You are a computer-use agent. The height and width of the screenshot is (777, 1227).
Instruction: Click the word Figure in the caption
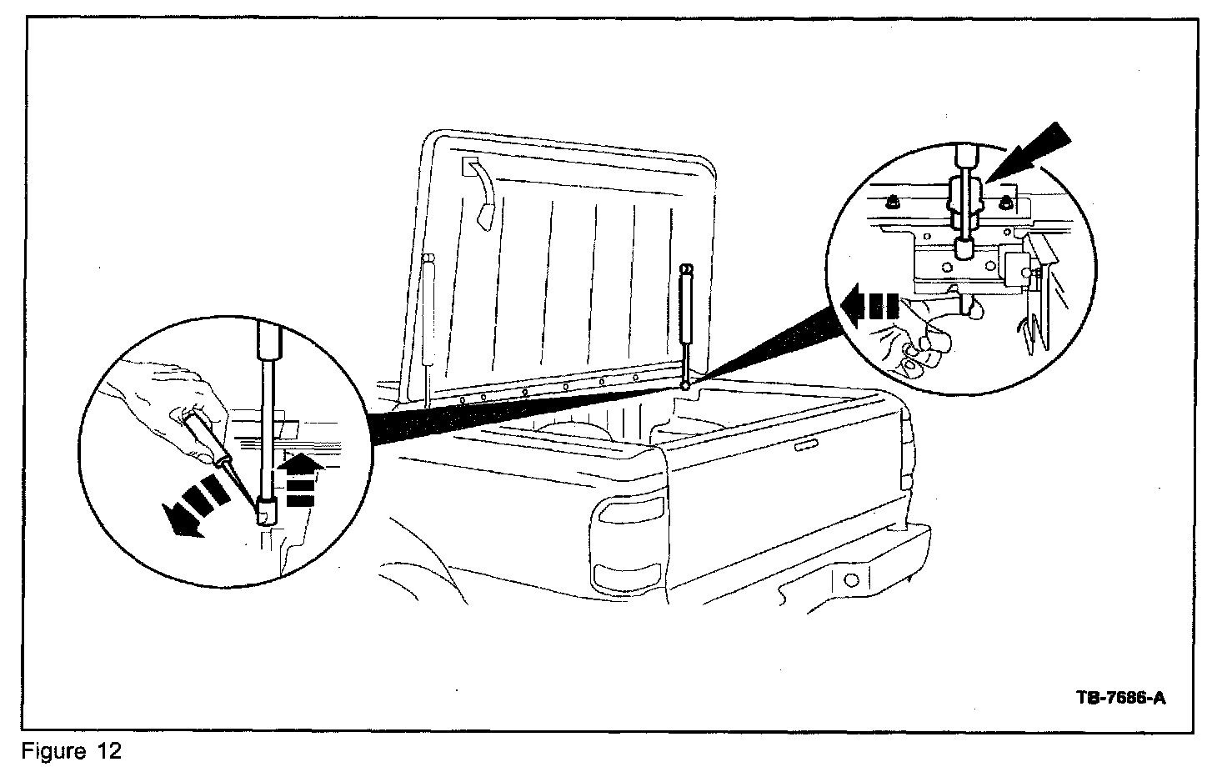(52, 751)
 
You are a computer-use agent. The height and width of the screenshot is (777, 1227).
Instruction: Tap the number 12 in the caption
(108, 751)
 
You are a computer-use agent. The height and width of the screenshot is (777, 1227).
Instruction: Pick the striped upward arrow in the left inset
(299, 479)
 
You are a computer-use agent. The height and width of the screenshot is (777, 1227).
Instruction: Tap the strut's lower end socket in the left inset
(267, 509)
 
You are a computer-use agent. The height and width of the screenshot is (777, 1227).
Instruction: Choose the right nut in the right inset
(1005, 201)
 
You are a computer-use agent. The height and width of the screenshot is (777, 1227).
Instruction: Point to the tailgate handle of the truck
(807, 448)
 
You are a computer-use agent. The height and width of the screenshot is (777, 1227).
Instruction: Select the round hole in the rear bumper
(851, 579)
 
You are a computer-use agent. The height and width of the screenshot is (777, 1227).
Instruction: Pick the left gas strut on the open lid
(428, 317)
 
